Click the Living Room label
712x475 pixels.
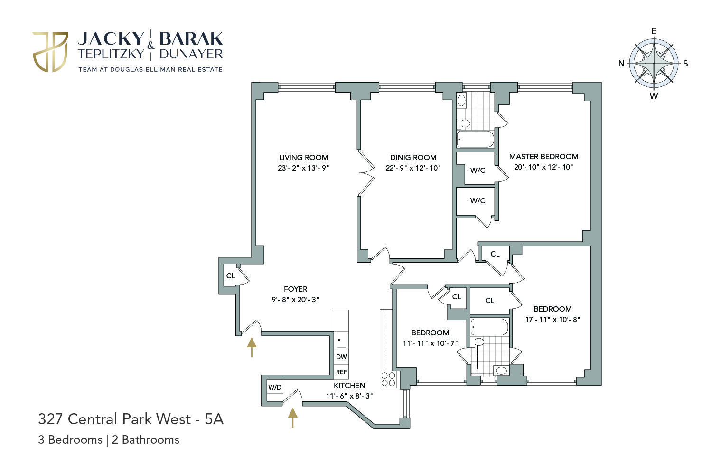[x=304, y=158]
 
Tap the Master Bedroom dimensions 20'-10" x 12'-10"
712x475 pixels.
[x=543, y=167]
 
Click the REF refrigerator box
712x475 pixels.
[x=341, y=372]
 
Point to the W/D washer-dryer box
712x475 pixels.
[x=275, y=387]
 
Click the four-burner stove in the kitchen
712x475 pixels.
[x=388, y=379]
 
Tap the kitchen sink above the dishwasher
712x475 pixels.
[x=342, y=340]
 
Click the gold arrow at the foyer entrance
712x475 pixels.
[x=252, y=347]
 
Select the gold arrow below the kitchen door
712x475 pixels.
[x=293, y=418]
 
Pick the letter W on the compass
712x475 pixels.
[x=654, y=96]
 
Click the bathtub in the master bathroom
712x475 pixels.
[x=476, y=139]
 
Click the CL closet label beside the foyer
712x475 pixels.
[x=231, y=276]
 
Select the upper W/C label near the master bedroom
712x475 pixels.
[x=478, y=170]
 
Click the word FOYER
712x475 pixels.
[x=296, y=289]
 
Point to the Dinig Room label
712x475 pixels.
[x=413, y=158]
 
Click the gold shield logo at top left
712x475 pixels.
[x=50, y=52]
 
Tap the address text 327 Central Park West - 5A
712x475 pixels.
[x=131, y=419]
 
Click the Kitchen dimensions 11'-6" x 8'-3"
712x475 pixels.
[x=349, y=396]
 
